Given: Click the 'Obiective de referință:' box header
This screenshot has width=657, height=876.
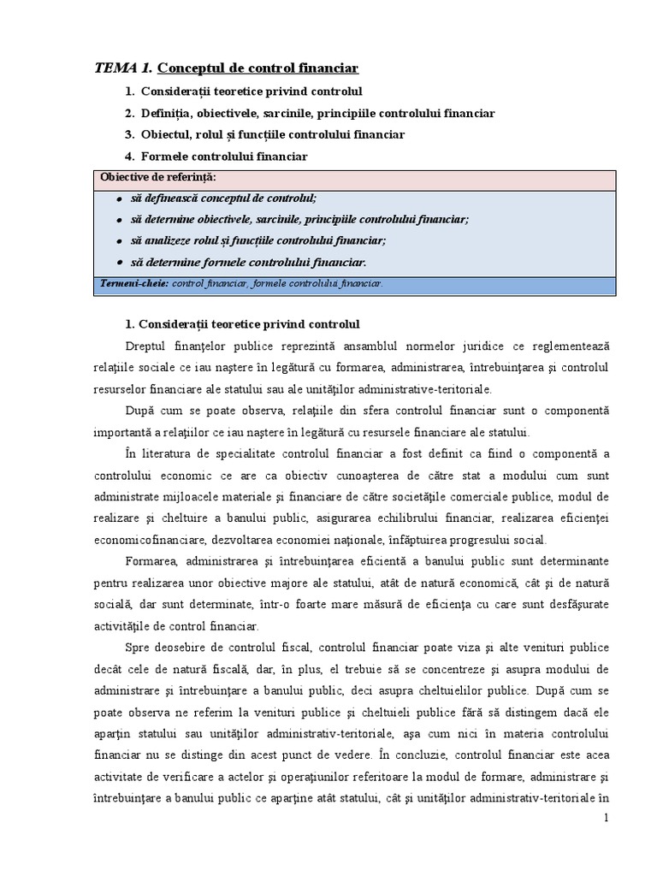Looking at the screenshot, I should tap(158, 178).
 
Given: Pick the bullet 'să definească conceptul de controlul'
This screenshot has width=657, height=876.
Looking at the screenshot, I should tap(223, 198).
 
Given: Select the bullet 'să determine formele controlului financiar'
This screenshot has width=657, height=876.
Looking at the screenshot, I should tap(248, 263).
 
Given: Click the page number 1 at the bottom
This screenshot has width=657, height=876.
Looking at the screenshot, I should tap(606, 818).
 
